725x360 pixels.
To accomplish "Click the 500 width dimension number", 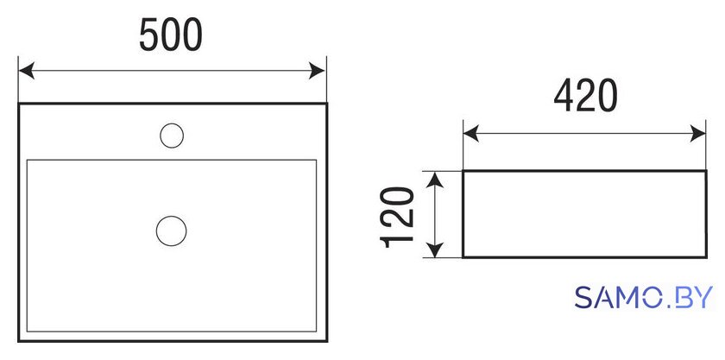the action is pyautogui.click(x=171, y=35).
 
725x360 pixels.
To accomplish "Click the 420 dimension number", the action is pyautogui.click(x=585, y=96).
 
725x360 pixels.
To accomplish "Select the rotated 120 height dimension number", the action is pyautogui.click(x=396, y=217).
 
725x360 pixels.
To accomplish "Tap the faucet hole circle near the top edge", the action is pyautogui.click(x=172, y=136).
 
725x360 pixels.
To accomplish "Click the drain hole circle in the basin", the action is pyautogui.click(x=171, y=231).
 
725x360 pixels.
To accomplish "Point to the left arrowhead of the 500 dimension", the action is pyautogui.click(x=27, y=72).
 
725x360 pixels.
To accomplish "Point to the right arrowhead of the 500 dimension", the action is pyautogui.click(x=318, y=72).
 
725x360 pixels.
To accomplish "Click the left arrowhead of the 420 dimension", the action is pyautogui.click(x=470, y=134).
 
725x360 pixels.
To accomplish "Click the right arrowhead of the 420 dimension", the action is pyautogui.click(x=697, y=134).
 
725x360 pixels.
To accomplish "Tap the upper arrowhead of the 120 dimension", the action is pyautogui.click(x=435, y=180).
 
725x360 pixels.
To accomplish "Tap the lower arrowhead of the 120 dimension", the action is pyautogui.click(x=435, y=249).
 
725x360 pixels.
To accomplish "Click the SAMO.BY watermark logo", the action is pyautogui.click(x=644, y=298).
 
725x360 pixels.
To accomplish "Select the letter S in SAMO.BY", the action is pyautogui.click(x=585, y=298).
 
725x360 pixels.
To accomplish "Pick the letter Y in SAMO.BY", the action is pyautogui.click(x=702, y=298).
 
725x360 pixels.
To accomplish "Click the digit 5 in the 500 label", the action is pyautogui.click(x=148, y=35).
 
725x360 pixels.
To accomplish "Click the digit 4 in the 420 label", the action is pyautogui.click(x=564, y=96).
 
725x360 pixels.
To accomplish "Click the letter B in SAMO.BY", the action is pyautogui.click(x=681, y=298).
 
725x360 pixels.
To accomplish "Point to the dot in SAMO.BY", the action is pyautogui.click(x=665, y=306).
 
